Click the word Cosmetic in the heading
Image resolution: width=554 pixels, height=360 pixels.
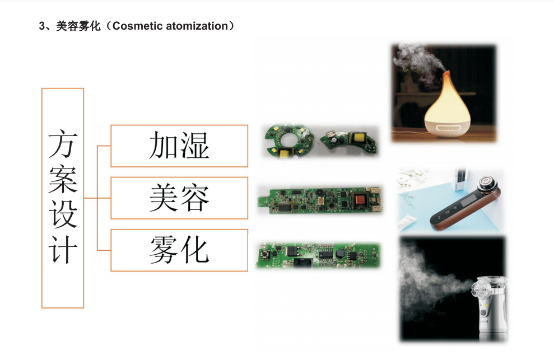pyautogui.click(x=137, y=26)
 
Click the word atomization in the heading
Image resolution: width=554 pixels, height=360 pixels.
pyautogui.click(x=197, y=26)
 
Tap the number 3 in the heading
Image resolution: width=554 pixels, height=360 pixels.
pyautogui.click(x=42, y=26)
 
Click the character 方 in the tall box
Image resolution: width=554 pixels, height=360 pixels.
pyautogui.click(x=63, y=144)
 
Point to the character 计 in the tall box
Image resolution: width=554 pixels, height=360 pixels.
pyautogui.click(x=63, y=249)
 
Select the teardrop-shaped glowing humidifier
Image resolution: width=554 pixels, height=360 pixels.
pyautogui.click(x=448, y=106)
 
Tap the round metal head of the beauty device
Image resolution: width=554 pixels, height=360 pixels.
pyautogui.click(x=487, y=183)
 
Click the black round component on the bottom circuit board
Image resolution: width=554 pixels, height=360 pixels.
pyautogui.click(x=340, y=253)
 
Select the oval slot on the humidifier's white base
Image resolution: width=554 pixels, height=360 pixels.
pyautogui.click(x=448, y=128)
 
